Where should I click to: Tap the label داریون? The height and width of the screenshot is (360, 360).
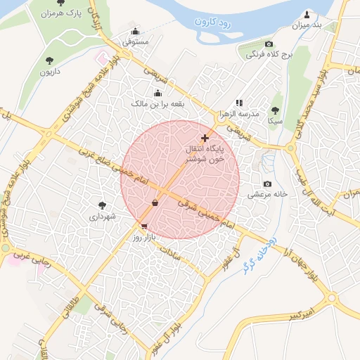[x=49, y=71]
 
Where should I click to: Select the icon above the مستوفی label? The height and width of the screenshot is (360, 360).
[x=135, y=32]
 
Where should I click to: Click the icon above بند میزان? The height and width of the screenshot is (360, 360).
[x=307, y=15]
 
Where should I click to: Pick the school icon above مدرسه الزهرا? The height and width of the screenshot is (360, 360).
[x=239, y=103]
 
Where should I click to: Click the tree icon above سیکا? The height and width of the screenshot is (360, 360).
[x=275, y=110]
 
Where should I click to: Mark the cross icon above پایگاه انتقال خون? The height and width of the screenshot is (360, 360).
[x=205, y=138]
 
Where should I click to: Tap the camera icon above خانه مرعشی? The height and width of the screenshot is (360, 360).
[x=267, y=184]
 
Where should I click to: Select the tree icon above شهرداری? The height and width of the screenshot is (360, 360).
[x=103, y=205]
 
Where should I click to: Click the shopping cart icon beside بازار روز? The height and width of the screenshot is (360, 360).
[x=144, y=226]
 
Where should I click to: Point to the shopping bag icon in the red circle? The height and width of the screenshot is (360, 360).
[x=155, y=203]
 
